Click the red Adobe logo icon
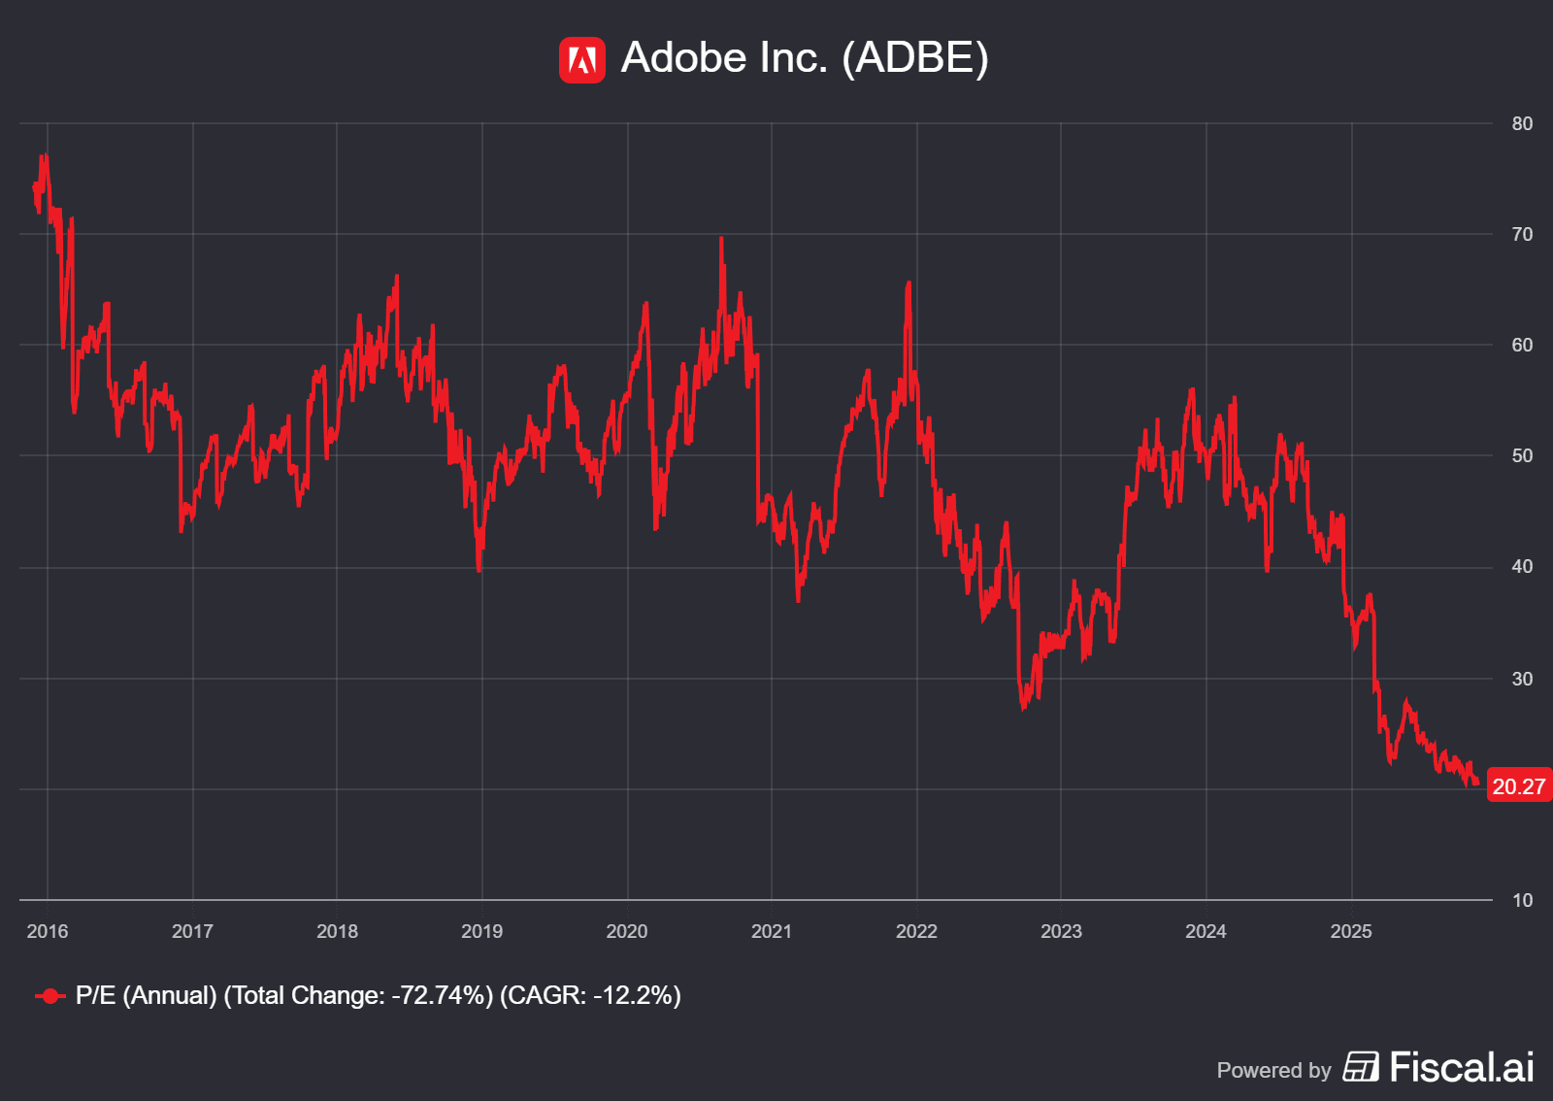pos(581,60)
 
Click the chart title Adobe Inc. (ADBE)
pos(805,58)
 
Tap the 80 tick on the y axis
pos(1522,124)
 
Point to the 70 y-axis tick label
pos(1522,235)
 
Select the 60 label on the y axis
pos(1522,346)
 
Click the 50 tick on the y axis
pos(1522,456)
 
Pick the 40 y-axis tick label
pos(1522,567)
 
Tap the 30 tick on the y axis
pos(1522,679)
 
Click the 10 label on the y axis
pos(1522,901)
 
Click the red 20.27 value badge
pos(1518,786)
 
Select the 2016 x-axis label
pos(48,932)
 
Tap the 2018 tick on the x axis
pos(337,932)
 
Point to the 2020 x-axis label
pos(627,932)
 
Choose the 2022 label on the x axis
pos(916,932)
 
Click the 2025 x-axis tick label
pos(1351,932)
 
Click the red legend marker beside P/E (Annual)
pos(50,996)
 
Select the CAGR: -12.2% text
pos(590,996)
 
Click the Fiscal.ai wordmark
pos(1462,1068)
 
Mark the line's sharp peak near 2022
pos(909,284)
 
